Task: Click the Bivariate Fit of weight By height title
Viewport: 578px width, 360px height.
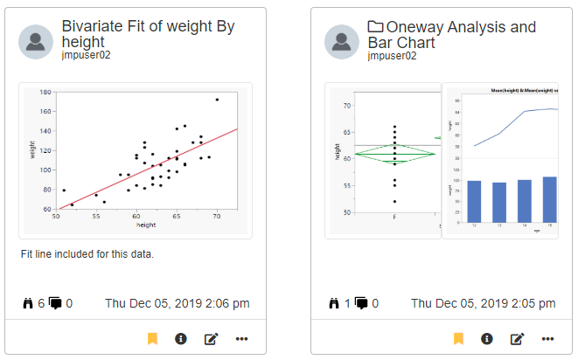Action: click(148, 35)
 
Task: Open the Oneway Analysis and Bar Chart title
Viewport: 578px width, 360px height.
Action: click(451, 35)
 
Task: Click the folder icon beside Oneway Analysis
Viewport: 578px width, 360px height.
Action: click(376, 27)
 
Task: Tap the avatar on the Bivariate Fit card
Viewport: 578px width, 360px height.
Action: click(36, 41)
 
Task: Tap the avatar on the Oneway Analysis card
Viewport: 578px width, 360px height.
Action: click(342, 41)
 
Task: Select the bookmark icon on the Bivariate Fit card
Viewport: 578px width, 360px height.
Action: click(152, 338)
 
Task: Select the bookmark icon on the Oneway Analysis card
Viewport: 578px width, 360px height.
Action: click(458, 338)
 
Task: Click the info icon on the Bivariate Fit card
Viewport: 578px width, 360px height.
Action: click(181, 338)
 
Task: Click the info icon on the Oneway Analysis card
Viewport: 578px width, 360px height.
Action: click(487, 338)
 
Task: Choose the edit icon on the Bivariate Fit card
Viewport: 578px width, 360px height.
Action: click(211, 338)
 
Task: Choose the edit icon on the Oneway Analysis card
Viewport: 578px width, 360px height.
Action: click(517, 338)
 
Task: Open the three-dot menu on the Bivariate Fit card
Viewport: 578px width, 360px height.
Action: click(241, 338)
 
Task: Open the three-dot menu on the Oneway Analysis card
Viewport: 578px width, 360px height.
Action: click(547, 338)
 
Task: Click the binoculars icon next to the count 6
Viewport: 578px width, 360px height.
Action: click(27, 303)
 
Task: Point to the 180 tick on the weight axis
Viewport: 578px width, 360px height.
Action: click(45, 91)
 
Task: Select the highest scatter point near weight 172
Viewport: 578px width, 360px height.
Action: click(217, 100)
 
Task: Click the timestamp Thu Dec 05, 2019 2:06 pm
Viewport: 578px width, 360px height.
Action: click(178, 303)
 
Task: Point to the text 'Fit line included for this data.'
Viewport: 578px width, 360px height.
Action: click(87, 254)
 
